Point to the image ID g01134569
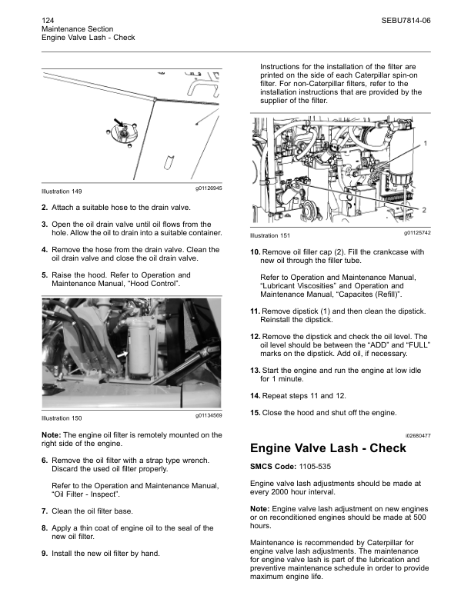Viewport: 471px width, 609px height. pyautogui.click(x=204, y=415)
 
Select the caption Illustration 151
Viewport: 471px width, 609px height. pyautogui.click(x=270, y=235)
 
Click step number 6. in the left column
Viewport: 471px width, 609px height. pyautogui.click(x=45, y=460)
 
